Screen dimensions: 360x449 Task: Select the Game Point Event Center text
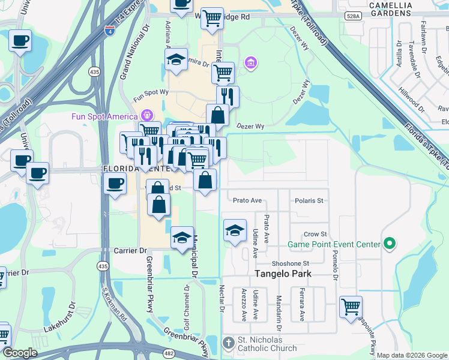coord(334,244)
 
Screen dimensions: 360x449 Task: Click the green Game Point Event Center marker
coord(389,244)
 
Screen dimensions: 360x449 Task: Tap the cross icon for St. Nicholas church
coord(228,343)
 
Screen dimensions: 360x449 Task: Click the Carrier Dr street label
coord(130,250)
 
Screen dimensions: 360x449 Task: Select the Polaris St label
coord(312,200)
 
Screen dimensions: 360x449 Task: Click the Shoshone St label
coord(291,263)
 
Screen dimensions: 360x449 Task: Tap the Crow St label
coord(315,234)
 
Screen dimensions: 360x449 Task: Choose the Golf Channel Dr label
coord(187,307)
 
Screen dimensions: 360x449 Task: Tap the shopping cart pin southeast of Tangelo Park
coord(351,307)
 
